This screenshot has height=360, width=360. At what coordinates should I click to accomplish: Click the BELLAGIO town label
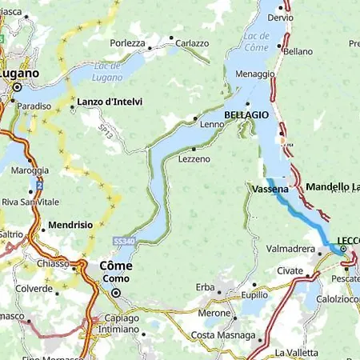pyautogui.click(x=246, y=115)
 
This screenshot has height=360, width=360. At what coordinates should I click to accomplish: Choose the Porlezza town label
pyautogui.click(x=128, y=43)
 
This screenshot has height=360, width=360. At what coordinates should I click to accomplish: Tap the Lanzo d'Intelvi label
pyautogui.click(x=109, y=102)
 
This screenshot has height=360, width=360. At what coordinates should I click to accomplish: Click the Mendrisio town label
pyautogui.click(x=71, y=226)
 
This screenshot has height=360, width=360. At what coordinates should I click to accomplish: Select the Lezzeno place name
pyautogui.click(x=194, y=159)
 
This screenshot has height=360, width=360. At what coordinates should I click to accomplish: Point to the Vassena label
pyautogui.click(x=265, y=189)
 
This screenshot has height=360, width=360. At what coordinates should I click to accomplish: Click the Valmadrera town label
pyautogui.click(x=290, y=249)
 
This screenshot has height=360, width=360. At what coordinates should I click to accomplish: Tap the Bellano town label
pyautogui.click(x=298, y=51)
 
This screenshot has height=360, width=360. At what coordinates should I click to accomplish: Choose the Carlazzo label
pyautogui.click(x=192, y=43)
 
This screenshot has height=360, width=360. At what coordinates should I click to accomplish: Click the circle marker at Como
pyautogui.click(x=115, y=293)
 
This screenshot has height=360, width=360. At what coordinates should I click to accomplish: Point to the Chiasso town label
pyautogui.click(x=54, y=262)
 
